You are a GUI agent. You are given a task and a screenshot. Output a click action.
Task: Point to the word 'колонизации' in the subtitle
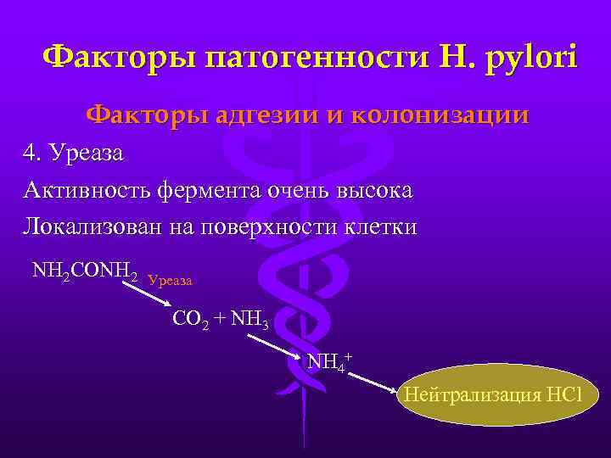445,114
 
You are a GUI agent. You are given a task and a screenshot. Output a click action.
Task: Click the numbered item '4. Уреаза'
74,154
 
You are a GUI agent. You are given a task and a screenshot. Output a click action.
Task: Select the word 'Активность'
87,191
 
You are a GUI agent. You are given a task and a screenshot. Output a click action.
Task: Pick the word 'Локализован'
94,228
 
